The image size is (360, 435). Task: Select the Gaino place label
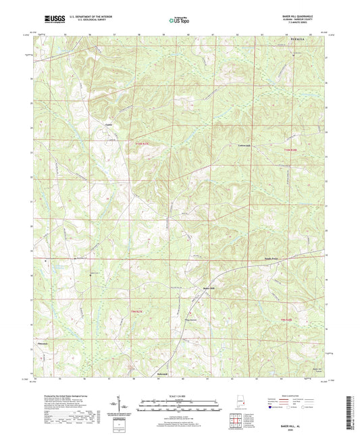tap(107, 124)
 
